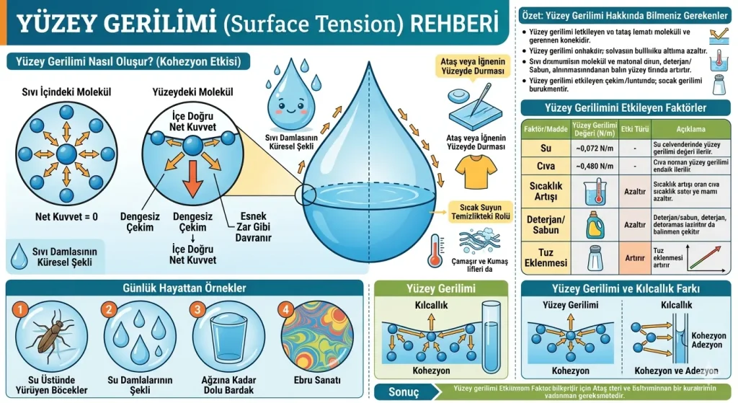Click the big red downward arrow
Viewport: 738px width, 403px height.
click(x=192, y=178)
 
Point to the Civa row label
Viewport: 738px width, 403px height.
click(x=546, y=167)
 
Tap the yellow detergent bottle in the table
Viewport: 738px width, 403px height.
click(x=594, y=224)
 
